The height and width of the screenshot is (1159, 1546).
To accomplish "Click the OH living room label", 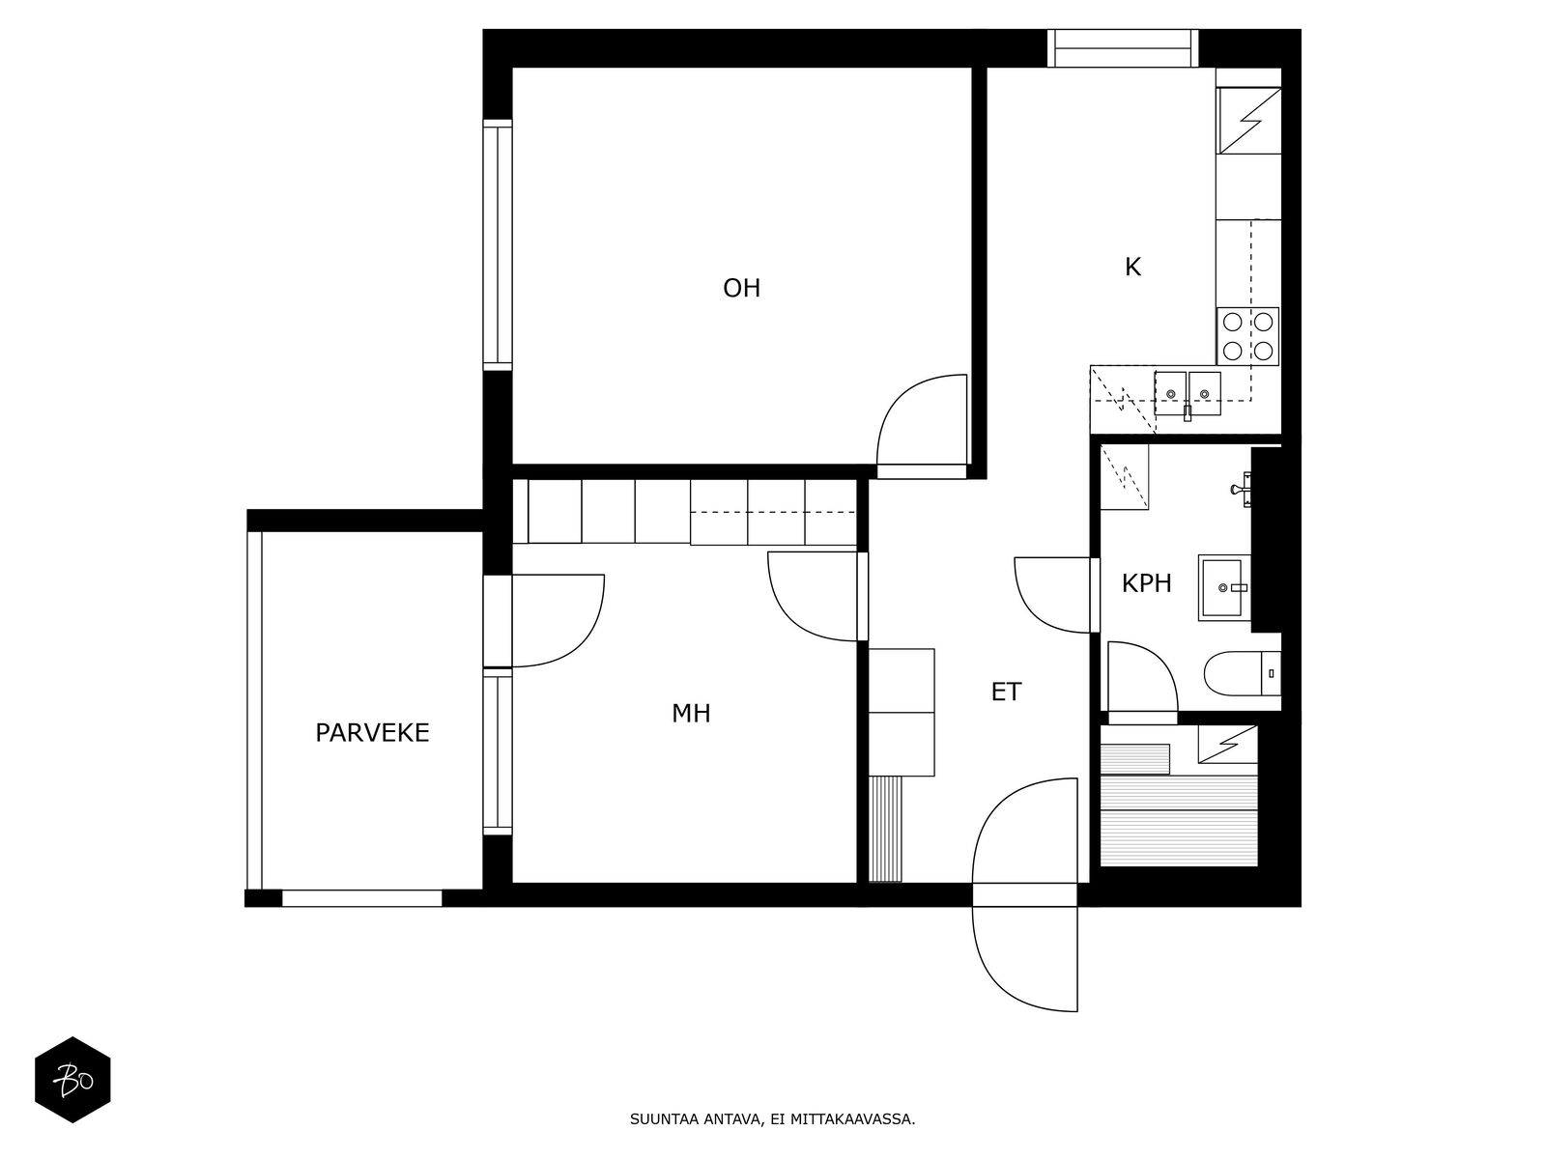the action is pos(741,288).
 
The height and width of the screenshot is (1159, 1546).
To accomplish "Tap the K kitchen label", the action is pos(1131,268).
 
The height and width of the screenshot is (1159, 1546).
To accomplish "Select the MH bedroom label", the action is pos(690,714).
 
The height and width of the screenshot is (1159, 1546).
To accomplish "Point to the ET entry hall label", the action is pos(1006,693).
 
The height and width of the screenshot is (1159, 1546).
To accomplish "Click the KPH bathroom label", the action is pos(1146,583).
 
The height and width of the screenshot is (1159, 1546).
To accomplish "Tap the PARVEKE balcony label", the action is pos(372,733).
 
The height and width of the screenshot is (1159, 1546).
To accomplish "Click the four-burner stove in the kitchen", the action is pos(1247,336).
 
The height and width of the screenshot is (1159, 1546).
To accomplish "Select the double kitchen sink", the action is pos(1187,394).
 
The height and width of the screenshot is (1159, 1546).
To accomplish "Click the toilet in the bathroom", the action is pos(1242,673).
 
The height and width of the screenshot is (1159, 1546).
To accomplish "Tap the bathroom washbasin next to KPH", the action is pos(1224,587).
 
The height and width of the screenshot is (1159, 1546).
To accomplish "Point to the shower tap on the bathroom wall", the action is pos(1242,489).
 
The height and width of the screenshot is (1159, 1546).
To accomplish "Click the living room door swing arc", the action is pos(922,420).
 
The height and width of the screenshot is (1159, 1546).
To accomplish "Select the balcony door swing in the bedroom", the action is pos(558,621).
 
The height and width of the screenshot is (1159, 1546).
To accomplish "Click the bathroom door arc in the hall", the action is pos(1052,595).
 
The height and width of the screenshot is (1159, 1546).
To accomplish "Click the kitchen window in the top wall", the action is pos(1123,48).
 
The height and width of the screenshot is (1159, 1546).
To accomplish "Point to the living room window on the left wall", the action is pos(498,245).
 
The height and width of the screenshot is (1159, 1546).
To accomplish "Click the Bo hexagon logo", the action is pos(72,1080).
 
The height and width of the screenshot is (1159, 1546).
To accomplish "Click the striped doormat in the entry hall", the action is pos(885,829).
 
